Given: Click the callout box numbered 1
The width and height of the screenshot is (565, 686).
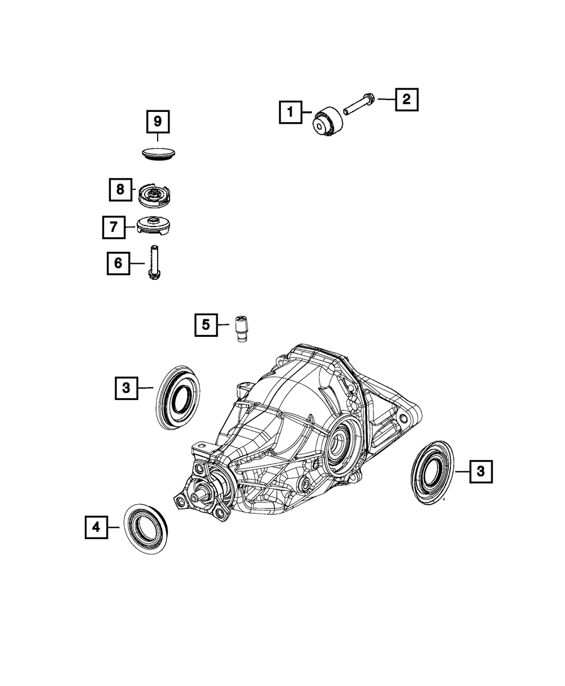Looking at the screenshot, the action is tap(290, 112).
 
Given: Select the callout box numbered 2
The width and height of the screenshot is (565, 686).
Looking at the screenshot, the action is tap(406, 99).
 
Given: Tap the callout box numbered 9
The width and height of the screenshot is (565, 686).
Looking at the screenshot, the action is tap(158, 121).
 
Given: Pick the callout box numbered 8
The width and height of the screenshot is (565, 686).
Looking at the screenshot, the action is tap(120, 190).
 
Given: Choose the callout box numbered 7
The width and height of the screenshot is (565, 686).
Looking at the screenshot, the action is tap(114, 227).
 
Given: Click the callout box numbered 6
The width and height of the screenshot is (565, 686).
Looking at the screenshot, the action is tap(118, 263).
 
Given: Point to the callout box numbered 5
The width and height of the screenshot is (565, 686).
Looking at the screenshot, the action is tap(206, 325).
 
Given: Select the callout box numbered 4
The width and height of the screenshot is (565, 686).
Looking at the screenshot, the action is tap(96, 527).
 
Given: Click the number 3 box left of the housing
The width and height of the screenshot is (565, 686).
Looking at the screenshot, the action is tap(127, 388).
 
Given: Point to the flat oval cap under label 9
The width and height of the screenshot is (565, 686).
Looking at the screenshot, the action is tap(158, 153).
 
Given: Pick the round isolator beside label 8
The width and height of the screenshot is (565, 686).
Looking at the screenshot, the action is tap(154, 193).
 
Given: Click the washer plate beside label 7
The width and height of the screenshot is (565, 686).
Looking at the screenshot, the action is tap(154, 226).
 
